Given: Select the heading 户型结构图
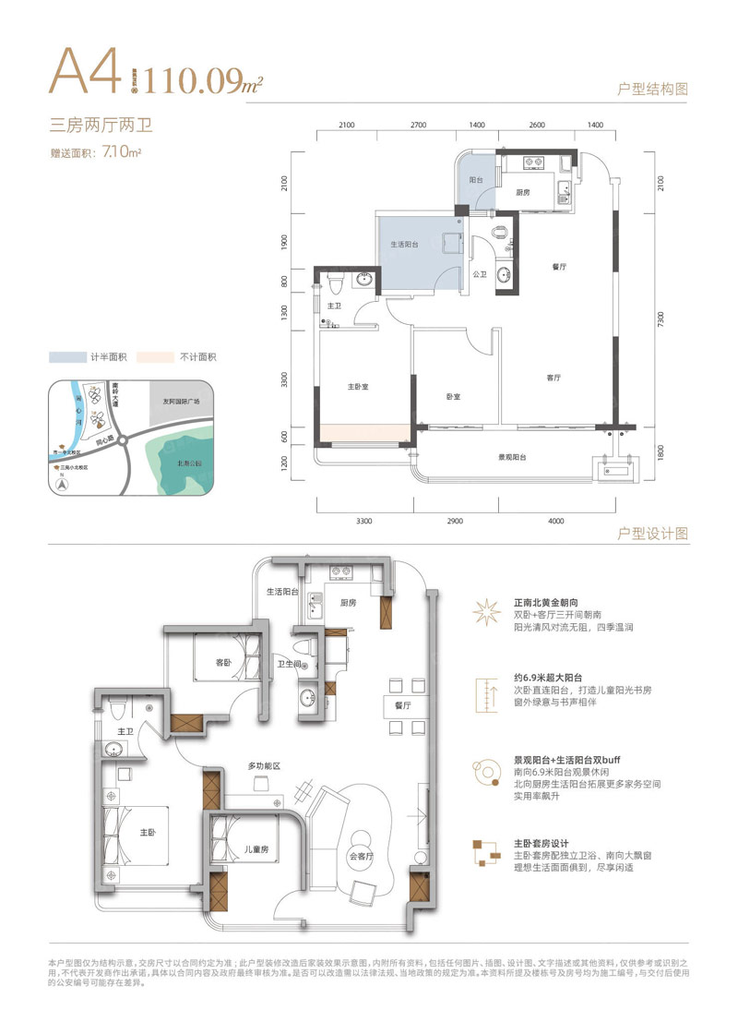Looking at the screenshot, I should [653, 90].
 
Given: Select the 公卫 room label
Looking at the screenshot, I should [480, 274].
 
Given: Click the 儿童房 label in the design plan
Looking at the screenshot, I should [256, 849].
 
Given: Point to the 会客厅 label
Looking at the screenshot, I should [363, 856].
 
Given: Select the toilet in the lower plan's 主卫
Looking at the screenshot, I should [116, 712].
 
